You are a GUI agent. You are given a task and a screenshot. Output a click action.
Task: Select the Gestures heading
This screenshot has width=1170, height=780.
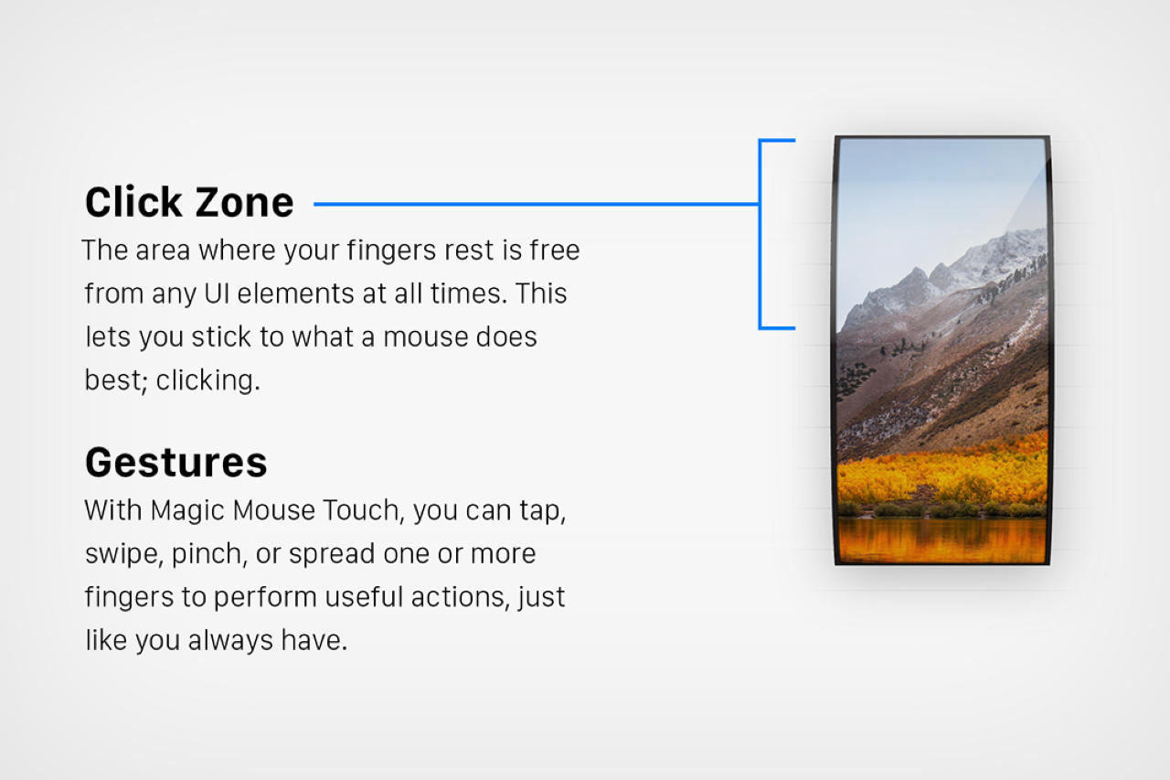point(175,463)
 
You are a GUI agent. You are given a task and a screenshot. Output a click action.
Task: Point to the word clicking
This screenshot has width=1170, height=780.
point(207,380)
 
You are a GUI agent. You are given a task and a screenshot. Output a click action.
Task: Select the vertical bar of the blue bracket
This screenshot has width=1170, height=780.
point(760,234)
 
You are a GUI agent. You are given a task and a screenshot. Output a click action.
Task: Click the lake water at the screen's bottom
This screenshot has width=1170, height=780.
point(941,540)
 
